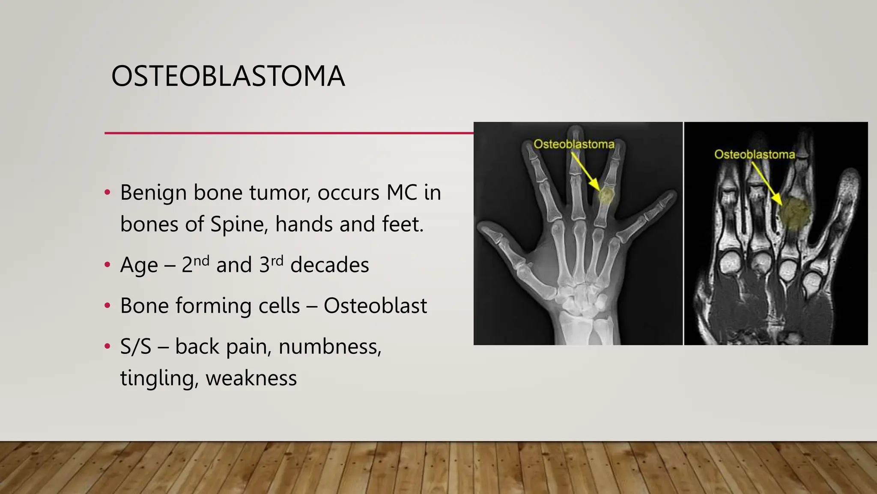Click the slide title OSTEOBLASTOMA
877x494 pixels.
pos(228,76)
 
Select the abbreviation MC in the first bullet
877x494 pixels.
pos(401,192)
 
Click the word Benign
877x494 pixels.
pos(153,193)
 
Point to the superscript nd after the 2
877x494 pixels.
pos(201,260)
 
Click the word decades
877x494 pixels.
pos(329,265)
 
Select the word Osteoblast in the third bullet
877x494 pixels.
pos(375,306)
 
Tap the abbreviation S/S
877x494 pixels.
pos(136,346)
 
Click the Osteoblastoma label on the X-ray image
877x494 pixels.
pos(574,145)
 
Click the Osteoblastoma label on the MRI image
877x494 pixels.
pos(755,154)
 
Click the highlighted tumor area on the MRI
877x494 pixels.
pos(795,213)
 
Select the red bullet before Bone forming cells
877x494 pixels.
pos(107,306)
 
